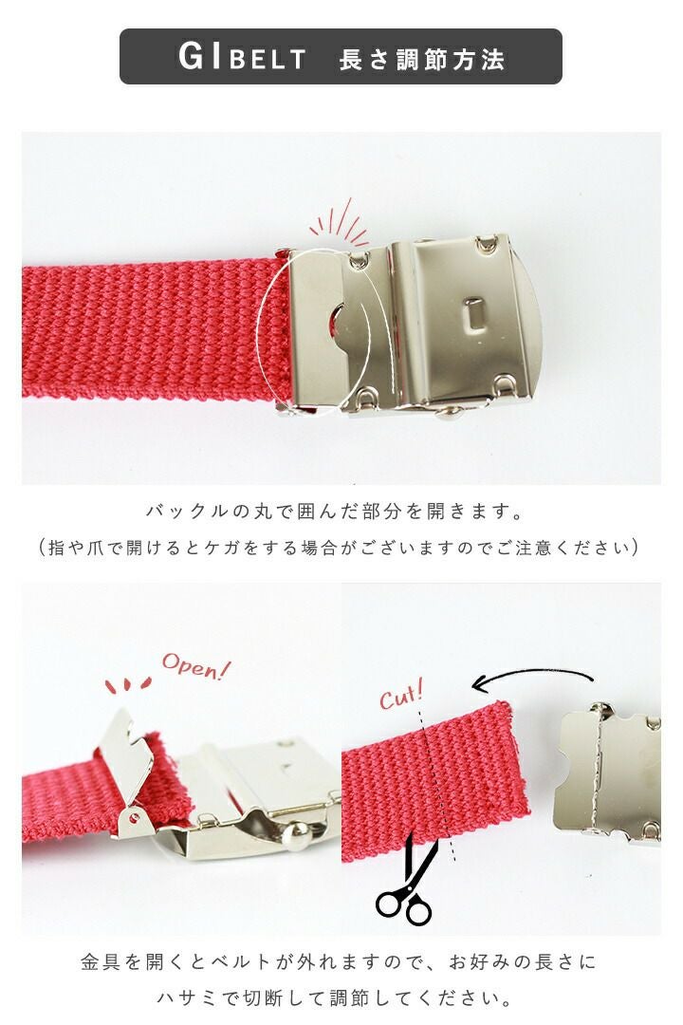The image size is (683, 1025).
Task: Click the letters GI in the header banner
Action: (x=201, y=56)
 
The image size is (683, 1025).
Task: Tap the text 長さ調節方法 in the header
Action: (x=421, y=60)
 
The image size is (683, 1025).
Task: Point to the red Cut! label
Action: (x=401, y=695)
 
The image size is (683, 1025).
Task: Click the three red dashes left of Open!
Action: (x=127, y=685)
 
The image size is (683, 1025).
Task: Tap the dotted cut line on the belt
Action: (x=437, y=784)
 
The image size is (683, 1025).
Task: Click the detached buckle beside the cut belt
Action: (x=606, y=774)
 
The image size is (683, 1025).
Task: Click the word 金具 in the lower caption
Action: (x=100, y=961)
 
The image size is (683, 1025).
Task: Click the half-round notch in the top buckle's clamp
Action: (x=335, y=325)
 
